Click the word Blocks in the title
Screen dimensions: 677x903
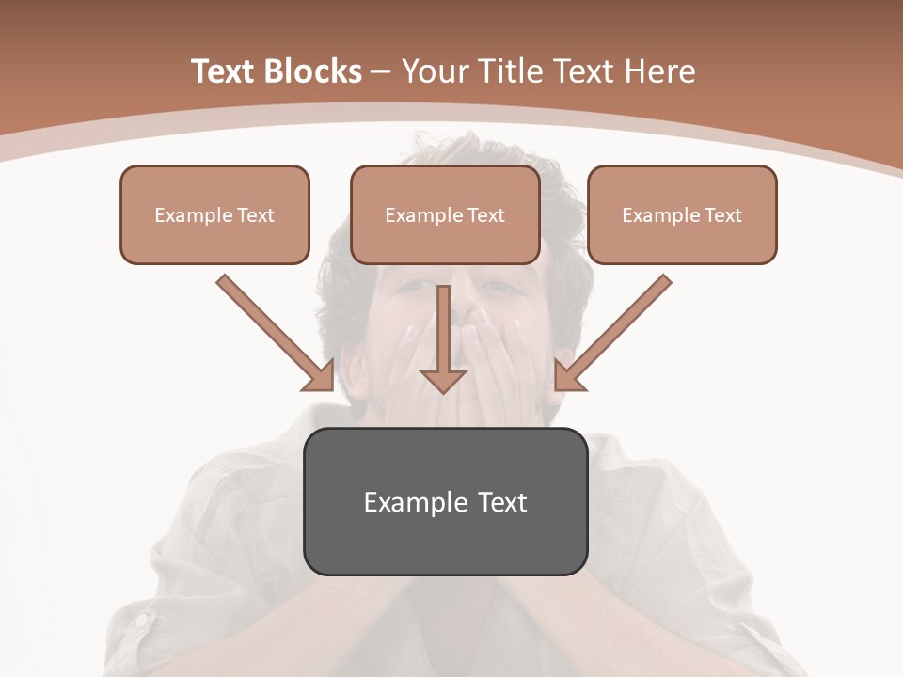[x=312, y=71]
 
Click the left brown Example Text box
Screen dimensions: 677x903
[x=214, y=214]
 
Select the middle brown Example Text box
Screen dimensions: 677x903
[x=445, y=214]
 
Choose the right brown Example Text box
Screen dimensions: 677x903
[x=682, y=214]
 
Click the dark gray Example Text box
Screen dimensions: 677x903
[x=445, y=501]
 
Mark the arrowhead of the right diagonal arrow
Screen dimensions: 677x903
[x=568, y=376]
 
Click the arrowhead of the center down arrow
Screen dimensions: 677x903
[x=443, y=380]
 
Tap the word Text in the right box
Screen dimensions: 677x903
[x=722, y=215]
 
